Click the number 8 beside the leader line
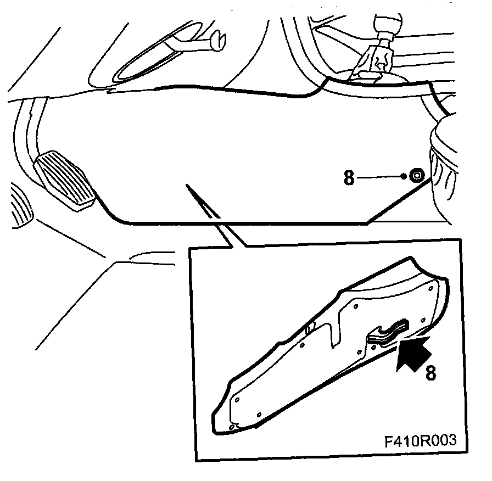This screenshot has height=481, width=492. coord(349,177)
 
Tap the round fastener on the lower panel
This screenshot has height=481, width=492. coord(417,176)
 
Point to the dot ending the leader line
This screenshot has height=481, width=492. coord(404,177)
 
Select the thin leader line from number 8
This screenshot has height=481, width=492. coord(379,177)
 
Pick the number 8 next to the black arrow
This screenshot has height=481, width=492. coord(431,373)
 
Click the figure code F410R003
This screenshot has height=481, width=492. coord(421,441)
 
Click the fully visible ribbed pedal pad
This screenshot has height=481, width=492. coord(65,181)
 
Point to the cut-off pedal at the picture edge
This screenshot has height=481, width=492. coord(21,206)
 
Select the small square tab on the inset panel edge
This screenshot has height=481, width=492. coord(310,328)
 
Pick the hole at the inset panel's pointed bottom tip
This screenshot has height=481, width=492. coord(232,427)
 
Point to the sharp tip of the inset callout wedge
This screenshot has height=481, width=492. coord(187,184)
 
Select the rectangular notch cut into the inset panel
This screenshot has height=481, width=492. coord(334,333)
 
